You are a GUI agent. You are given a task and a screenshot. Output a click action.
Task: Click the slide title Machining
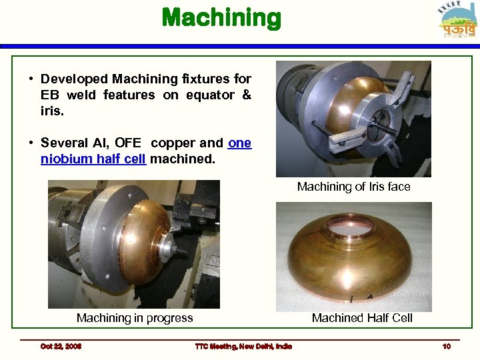(x=221, y=17)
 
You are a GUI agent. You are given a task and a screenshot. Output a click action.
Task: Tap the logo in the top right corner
(x=459, y=21)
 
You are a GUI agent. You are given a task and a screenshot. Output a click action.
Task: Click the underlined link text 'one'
(x=239, y=143)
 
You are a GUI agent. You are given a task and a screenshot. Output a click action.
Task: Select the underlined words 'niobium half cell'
(x=93, y=159)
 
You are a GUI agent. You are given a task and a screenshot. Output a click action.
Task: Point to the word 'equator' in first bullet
(x=210, y=95)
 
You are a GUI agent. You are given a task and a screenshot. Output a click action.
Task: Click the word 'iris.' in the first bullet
(x=52, y=111)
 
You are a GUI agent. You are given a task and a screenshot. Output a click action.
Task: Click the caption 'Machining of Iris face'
(x=353, y=187)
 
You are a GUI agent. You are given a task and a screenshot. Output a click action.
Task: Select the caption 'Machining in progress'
(x=135, y=318)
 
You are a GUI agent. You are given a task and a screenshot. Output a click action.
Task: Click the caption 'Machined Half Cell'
(x=362, y=318)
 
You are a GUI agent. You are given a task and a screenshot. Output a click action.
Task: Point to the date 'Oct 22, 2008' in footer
(x=61, y=347)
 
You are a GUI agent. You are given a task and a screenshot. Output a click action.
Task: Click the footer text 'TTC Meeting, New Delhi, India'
(x=243, y=347)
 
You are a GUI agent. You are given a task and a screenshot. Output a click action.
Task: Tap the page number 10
(x=446, y=347)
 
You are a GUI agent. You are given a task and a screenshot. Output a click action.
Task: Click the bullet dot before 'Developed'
(x=32, y=79)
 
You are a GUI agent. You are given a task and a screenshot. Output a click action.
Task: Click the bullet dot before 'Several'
(x=32, y=143)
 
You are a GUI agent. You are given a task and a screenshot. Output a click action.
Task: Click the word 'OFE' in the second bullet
(x=128, y=143)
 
